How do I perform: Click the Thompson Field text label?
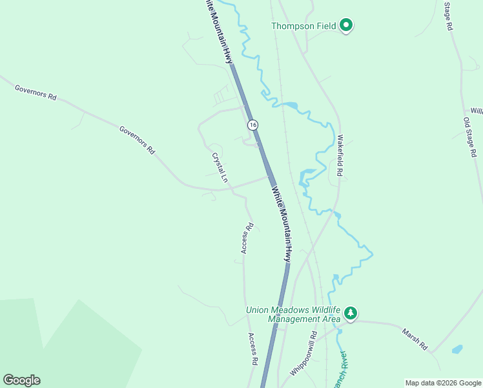[x=303, y=26]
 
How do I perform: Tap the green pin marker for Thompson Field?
[x=346, y=25]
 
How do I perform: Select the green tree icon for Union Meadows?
[x=351, y=313]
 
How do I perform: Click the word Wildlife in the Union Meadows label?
[x=322, y=310]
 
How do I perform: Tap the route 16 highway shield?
[x=252, y=124]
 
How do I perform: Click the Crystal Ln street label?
[x=220, y=167]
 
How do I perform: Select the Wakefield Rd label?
[x=340, y=155]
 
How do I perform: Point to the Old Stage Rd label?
[x=469, y=137]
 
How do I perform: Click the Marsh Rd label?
[x=415, y=338]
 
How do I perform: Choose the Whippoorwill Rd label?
[x=304, y=354]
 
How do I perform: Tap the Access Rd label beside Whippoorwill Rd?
[x=254, y=349]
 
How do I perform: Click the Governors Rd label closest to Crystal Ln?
[x=138, y=138]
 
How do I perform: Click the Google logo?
[x=21, y=380]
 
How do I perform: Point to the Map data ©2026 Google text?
[x=442, y=383]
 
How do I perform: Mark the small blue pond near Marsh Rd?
[x=457, y=349]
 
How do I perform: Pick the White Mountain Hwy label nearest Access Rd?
[x=282, y=224]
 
